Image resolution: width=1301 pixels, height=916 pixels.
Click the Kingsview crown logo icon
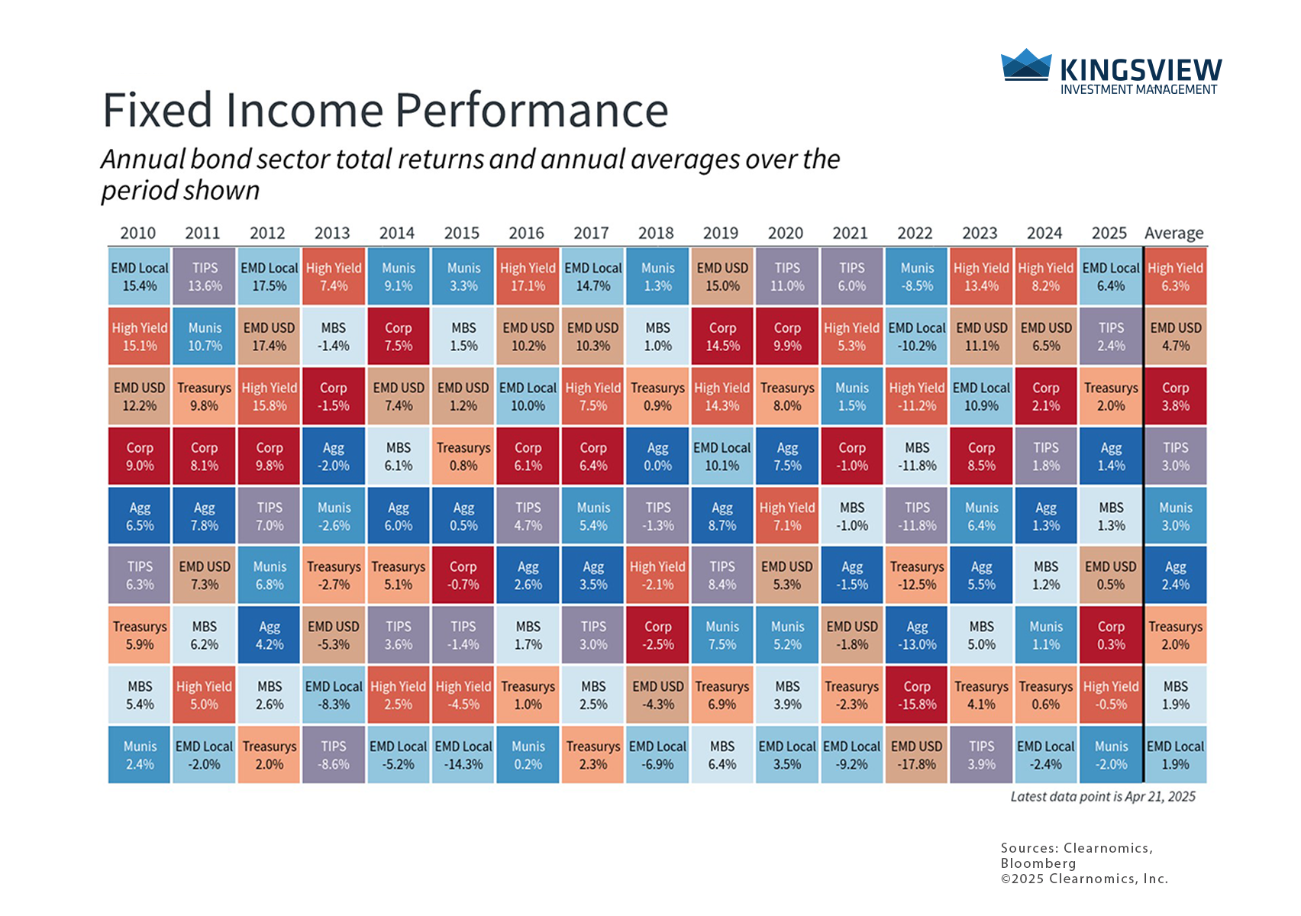[1025, 64]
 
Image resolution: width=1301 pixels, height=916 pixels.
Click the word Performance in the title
[532, 110]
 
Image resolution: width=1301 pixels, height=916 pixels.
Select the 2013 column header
[332, 233]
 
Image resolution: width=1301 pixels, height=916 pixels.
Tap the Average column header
[1173, 233]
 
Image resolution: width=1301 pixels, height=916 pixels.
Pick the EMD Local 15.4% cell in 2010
[140, 276]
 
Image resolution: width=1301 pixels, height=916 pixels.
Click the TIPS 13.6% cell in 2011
[205, 276]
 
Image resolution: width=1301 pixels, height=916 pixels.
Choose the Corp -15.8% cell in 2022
[916, 695]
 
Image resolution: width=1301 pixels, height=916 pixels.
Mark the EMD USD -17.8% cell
[916, 754]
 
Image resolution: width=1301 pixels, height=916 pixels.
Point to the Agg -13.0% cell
[916, 635]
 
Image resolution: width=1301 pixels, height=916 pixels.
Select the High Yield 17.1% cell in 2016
[528, 276]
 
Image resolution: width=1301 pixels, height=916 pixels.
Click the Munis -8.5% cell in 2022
[916, 276]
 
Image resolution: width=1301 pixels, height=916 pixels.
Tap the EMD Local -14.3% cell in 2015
[463, 754]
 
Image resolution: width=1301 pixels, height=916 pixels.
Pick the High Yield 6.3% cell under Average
[1175, 276]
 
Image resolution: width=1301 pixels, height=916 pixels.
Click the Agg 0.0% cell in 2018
[657, 456]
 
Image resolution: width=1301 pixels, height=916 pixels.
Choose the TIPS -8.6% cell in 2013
[334, 754]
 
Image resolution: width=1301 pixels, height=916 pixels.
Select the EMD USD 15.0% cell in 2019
[722, 276]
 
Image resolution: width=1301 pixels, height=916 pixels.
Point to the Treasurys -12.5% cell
[916, 575]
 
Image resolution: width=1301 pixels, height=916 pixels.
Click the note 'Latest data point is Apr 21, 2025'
[1103, 796]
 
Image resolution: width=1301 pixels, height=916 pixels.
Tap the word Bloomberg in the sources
[1038, 863]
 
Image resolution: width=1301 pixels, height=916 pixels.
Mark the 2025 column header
[1109, 233]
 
